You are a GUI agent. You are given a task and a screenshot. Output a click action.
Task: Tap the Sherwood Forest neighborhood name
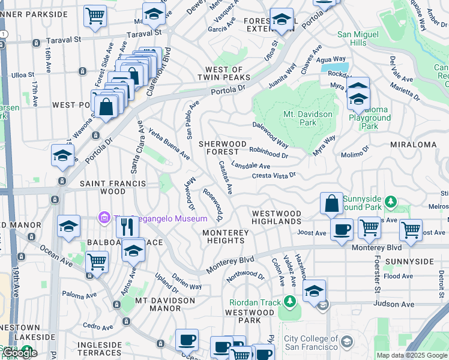point(223,148)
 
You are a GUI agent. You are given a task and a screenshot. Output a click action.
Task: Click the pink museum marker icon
point(104,218)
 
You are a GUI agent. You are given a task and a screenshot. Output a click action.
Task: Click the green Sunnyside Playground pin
point(391,201)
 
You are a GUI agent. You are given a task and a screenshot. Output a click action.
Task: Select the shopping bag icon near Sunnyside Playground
point(331,204)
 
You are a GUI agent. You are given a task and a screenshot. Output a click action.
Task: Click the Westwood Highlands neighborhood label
point(276,217)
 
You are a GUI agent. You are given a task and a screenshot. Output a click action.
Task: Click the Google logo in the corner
point(20,352)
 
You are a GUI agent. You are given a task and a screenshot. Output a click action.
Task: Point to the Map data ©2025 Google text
point(412,355)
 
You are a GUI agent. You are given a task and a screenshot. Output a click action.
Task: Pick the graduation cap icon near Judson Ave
point(314,292)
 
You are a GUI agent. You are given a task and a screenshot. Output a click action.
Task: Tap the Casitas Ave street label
point(226,177)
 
